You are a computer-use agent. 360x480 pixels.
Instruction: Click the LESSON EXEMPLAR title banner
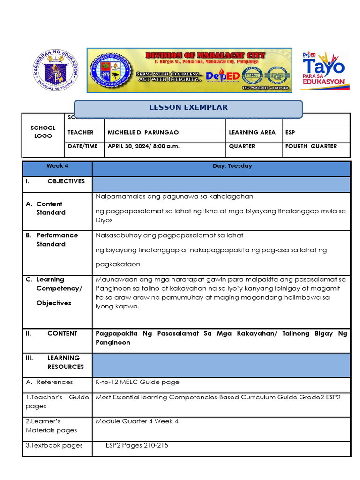188,108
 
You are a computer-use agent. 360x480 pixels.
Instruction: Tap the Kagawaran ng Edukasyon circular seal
56,70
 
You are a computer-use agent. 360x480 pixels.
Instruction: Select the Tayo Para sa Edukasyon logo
323,70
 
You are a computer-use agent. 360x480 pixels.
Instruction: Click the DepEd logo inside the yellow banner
223,76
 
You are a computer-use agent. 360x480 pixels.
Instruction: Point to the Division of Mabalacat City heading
205,55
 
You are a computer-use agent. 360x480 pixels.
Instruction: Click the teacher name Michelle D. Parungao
143,133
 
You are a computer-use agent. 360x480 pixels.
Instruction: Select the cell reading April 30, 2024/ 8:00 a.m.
143,146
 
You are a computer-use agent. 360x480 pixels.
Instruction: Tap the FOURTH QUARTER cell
311,146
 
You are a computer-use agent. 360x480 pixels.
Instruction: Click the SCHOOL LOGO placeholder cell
43,132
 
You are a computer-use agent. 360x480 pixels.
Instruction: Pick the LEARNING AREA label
252,133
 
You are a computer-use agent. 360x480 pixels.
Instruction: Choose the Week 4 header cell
57,166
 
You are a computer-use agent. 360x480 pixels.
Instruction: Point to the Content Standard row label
51,208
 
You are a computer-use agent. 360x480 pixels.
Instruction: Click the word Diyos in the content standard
104,220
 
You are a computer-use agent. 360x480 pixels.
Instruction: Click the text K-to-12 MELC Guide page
137,382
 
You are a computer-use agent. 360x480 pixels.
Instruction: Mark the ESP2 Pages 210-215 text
137,445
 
